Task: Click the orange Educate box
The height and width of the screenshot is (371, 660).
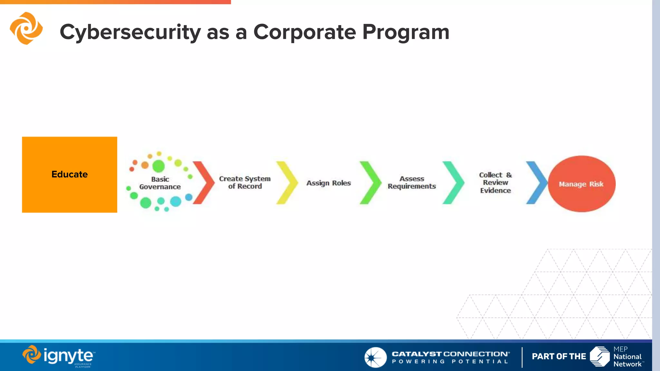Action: (69, 175)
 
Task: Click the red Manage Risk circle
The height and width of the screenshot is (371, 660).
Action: (581, 184)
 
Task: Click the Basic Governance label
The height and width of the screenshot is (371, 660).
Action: (160, 183)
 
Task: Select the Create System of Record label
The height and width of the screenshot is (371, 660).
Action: (245, 182)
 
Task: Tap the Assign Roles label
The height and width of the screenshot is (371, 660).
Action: (328, 183)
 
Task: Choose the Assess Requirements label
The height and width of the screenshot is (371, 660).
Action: (412, 182)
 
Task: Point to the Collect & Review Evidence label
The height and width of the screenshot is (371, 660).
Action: (495, 183)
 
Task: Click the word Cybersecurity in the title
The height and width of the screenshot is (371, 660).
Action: (130, 32)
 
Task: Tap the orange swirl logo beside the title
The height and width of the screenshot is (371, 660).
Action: (26, 28)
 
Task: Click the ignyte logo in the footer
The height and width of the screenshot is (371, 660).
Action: (59, 356)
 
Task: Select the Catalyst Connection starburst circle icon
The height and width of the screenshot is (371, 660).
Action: (375, 357)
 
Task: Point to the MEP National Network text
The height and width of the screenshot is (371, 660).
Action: (627, 357)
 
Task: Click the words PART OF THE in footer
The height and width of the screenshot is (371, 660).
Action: (559, 357)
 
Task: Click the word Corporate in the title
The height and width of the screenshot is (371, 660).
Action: (305, 32)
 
